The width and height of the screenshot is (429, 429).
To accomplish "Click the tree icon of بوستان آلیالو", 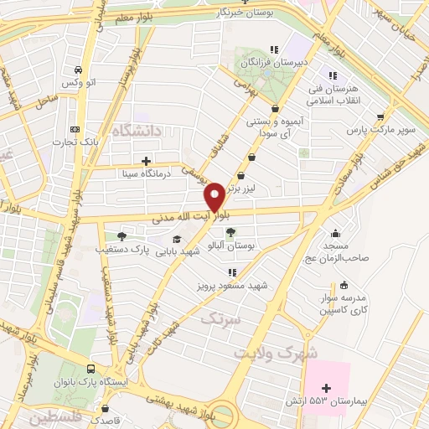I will tap(230, 234).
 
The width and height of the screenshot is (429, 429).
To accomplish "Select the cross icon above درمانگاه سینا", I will tap(147, 160).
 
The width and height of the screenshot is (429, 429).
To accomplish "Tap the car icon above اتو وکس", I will tap(77, 70).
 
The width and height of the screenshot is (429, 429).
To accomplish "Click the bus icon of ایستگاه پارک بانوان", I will tap(90, 368).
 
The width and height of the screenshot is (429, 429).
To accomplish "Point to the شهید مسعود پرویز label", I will tap(239, 286).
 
